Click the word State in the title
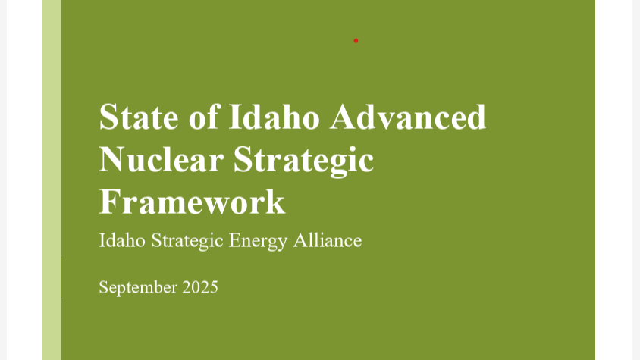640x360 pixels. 139,117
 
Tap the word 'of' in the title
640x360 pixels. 205,117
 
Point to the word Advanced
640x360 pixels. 408,117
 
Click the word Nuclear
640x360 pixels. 162,160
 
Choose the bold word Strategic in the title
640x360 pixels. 303,161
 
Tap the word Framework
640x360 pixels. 192,202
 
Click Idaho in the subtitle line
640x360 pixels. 122,240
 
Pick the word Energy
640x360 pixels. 258,241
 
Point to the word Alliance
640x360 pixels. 328,240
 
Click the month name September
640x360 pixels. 138,288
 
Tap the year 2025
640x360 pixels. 200,287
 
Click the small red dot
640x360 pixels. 356,41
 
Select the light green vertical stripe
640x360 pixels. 52,180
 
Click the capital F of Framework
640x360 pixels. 108,202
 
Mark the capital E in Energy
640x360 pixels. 234,240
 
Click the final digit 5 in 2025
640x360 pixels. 214,287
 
